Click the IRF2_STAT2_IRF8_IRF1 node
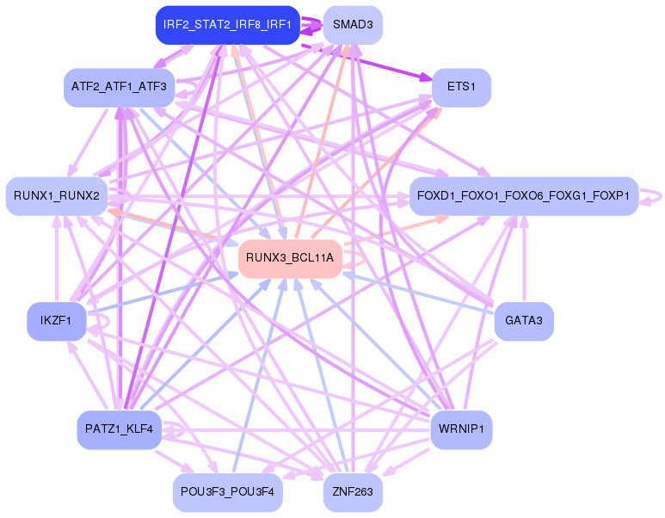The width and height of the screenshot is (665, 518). click(227, 26)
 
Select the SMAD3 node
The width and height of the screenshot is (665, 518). click(353, 26)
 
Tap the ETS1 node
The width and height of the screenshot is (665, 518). click(461, 87)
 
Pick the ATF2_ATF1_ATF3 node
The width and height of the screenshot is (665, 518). click(120, 87)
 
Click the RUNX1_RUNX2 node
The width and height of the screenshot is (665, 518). click(57, 196)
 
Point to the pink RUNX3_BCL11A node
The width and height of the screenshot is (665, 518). click(289, 257)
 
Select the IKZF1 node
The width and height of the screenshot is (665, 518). click(57, 321)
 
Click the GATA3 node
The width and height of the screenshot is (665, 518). click(523, 321)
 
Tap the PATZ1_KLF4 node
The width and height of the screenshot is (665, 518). click(119, 428)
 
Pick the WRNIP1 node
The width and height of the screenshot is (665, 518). click(461, 428)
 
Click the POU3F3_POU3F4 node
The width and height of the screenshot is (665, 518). click(227, 492)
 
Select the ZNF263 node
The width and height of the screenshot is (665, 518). click(353, 492)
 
